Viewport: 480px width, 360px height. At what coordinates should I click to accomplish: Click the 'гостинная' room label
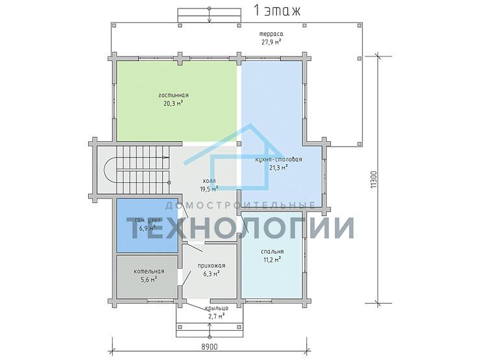173,95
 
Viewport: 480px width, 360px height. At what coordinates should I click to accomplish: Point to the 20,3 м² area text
173,102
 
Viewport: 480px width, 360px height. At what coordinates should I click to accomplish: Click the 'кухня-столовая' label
278,159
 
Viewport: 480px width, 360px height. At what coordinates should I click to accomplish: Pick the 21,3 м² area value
278,167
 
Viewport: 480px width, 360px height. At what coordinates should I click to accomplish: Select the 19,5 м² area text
208,189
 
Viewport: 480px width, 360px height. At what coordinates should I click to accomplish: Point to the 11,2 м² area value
272,259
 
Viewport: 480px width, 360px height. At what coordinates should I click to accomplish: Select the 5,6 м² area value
149,280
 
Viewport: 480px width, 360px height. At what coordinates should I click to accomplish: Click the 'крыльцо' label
217,308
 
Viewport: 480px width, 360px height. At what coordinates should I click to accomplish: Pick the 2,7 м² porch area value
217,316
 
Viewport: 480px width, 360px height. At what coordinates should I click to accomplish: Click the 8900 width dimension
209,348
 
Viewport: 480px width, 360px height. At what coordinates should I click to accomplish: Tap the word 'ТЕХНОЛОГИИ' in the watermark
240,228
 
